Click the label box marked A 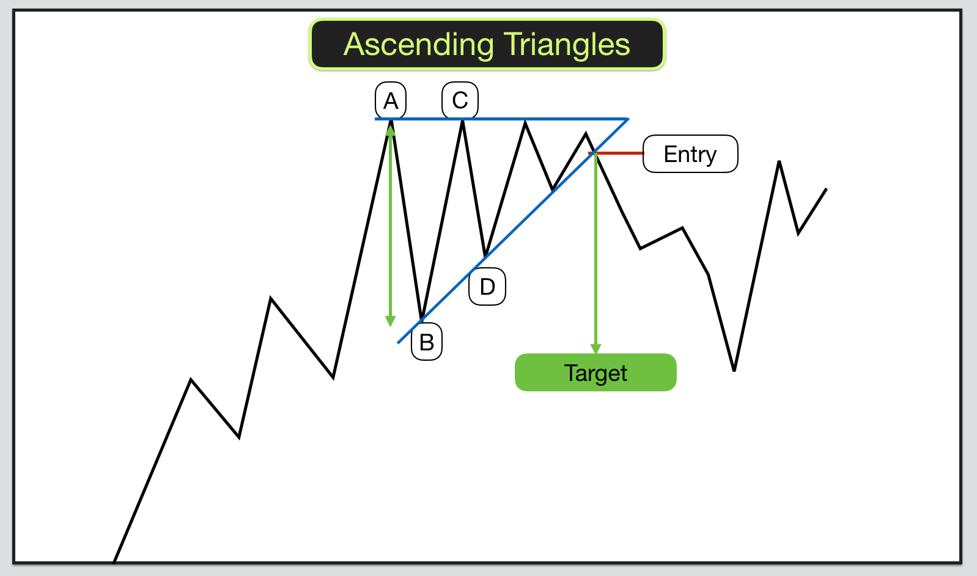390,100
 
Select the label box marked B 427,342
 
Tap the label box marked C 460,100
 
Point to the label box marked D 487,286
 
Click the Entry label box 690,154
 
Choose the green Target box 595,372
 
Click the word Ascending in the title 419,45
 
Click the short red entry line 616,153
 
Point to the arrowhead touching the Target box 595,349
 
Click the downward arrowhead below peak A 390,321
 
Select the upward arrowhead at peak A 390,130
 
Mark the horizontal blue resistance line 501,119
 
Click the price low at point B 422,319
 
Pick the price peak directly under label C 462,121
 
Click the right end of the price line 827,189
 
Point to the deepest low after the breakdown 734,371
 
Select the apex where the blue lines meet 628,119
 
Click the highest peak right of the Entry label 779,161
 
